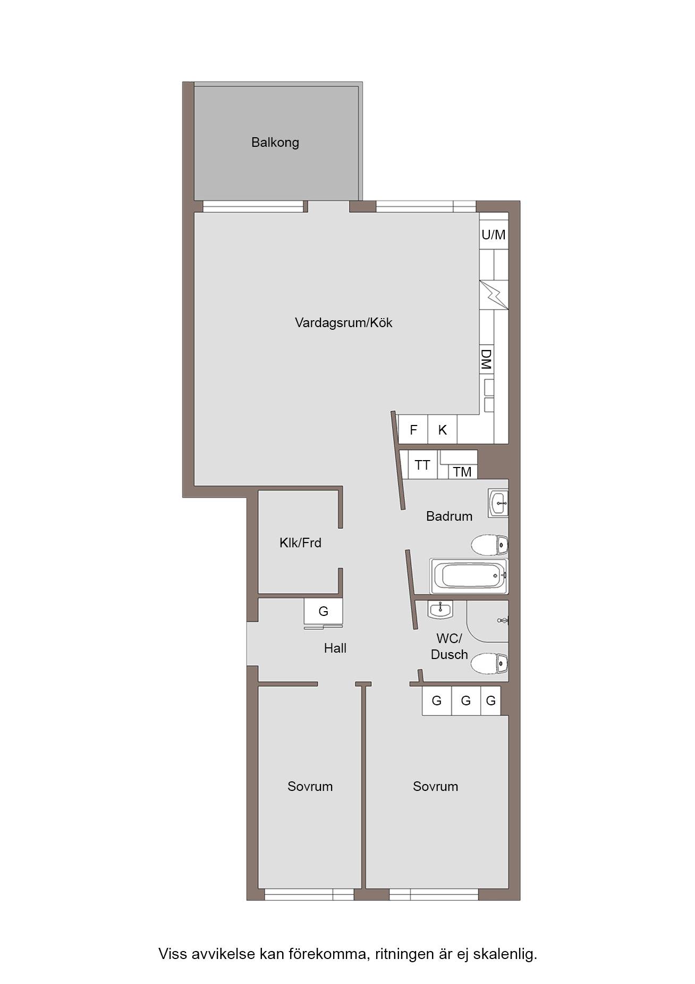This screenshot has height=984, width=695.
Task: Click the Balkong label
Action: click(275, 143)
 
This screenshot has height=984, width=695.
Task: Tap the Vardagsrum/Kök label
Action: click(343, 322)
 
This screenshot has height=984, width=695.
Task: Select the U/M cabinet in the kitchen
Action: click(494, 234)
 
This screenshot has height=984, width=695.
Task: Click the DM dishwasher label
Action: click(486, 360)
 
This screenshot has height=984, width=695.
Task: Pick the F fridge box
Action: click(413, 429)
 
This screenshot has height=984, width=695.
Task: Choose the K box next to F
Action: click(442, 429)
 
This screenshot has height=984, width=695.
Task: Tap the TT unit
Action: click(422, 465)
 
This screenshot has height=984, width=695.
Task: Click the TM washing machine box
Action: click(463, 471)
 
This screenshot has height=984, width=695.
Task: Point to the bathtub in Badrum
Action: click(469, 576)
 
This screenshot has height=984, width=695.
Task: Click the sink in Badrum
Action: click(498, 503)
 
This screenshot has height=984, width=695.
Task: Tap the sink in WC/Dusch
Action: click(440, 609)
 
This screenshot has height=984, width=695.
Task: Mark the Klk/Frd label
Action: click(300, 543)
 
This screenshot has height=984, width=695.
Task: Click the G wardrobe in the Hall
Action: click(323, 611)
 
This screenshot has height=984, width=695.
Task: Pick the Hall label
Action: click(335, 648)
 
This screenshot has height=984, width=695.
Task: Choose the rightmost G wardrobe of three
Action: click(491, 701)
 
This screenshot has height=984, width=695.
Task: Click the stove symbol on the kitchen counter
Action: click(494, 295)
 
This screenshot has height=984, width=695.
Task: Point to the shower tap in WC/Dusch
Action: click(503, 620)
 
